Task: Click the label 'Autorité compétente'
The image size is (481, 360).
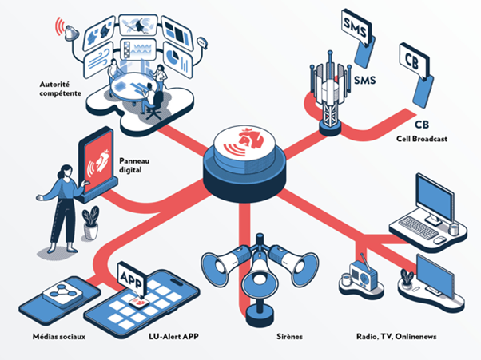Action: [x=59, y=88]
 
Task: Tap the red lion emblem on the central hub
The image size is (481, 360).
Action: [x=241, y=140]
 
